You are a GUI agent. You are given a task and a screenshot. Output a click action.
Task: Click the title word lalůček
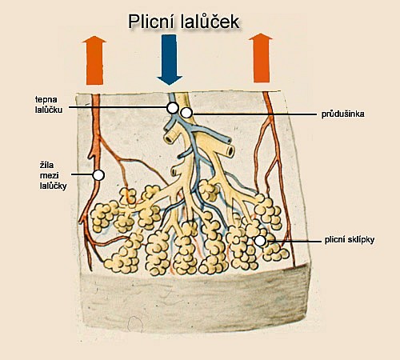tap(210, 22)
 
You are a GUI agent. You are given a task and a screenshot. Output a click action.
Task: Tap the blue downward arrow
tap(170, 60)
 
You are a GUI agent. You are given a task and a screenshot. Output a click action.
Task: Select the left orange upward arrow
tap(94, 60)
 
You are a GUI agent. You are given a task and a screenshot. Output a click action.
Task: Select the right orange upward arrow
tap(261, 58)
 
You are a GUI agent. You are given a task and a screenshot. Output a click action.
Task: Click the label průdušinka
tap(342, 114)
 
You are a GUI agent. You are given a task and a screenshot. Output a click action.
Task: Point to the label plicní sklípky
tap(350, 240)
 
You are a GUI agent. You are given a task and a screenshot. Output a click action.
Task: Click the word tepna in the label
tap(46, 99)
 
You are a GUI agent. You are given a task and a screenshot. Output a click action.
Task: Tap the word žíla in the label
tap(46, 165)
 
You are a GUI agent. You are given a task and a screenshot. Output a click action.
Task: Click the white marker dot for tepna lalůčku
tap(173, 107)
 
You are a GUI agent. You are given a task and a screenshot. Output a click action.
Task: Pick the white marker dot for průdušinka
tap(186, 113)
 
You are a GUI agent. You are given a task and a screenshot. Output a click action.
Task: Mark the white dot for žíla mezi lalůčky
tap(98, 175)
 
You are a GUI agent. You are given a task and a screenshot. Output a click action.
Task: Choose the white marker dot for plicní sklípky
tap(260, 241)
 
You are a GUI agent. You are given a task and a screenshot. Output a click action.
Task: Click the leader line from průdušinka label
tap(255, 114)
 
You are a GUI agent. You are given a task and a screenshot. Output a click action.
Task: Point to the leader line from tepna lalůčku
tap(118, 107)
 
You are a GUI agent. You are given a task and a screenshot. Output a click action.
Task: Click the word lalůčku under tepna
tap(49, 110)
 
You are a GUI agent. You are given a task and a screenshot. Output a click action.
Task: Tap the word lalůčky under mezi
tap(54, 186)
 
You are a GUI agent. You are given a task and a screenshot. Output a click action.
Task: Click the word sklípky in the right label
tap(362, 240)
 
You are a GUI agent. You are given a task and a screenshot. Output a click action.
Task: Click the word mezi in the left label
tap(50, 175)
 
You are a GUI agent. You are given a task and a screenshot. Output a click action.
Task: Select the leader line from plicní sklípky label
tap(294, 242)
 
